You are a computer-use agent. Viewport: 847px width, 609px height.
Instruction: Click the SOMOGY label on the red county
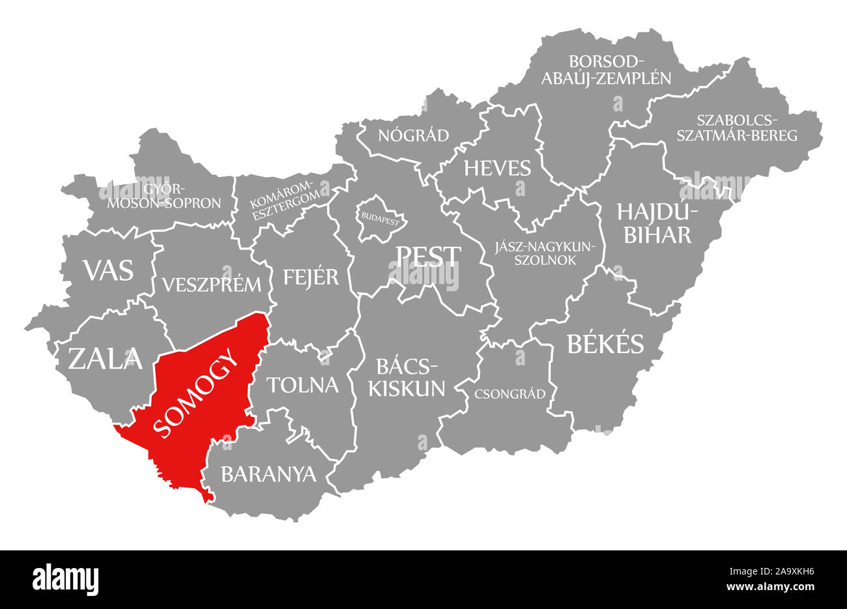coord(196,398)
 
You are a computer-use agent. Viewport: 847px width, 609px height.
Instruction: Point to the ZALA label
coord(105,358)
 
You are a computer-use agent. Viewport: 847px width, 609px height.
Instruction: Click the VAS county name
coord(108,270)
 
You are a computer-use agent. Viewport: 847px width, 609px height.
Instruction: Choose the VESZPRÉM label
coord(212,285)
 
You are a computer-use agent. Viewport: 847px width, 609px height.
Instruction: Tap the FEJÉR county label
coord(311,277)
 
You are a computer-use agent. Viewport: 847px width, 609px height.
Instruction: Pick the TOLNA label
coord(304,385)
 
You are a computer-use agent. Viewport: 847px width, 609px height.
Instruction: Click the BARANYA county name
coord(268,474)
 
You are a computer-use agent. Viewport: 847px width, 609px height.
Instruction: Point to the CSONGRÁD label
coord(510,393)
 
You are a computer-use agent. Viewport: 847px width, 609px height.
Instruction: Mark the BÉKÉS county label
coord(605,343)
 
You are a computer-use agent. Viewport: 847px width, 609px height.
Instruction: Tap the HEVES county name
coord(497,168)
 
